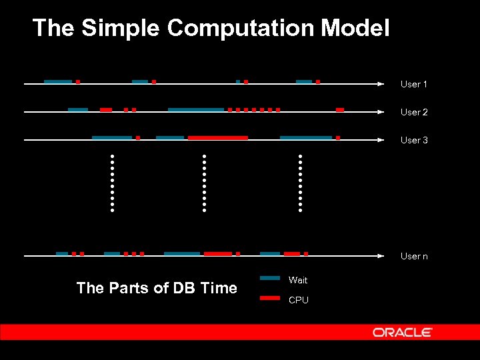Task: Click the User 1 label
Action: [413, 85]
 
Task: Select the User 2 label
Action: [413, 113]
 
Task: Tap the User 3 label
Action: [413, 141]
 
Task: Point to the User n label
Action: [413, 257]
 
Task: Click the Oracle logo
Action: [402, 332]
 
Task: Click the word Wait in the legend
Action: [297, 280]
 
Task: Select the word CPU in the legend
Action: [298, 301]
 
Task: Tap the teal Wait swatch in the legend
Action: [269, 278]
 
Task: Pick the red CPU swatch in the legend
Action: [269, 298]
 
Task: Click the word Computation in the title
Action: [241, 28]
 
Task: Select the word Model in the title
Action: [355, 28]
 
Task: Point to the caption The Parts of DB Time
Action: [157, 288]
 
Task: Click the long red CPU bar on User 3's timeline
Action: [218, 137]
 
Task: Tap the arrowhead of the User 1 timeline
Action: [381, 85]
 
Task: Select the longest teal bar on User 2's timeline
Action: [195, 109]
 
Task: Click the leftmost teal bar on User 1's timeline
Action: [57, 81]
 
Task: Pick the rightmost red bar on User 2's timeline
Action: [340, 109]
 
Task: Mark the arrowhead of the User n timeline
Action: [381, 257]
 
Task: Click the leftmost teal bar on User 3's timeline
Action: [111, 137]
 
